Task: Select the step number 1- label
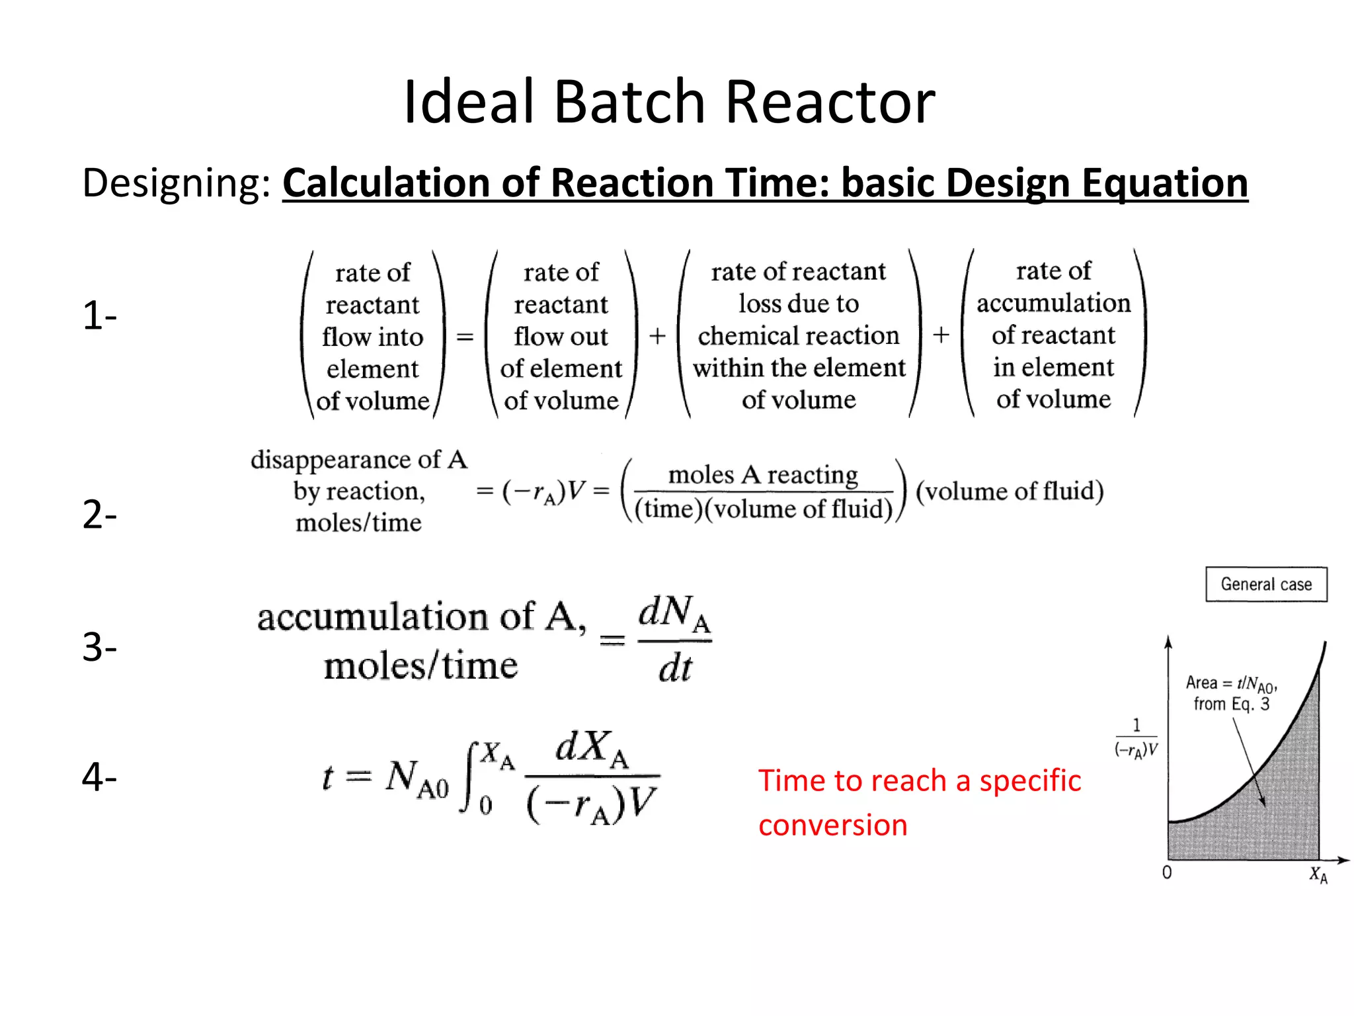point(99,316)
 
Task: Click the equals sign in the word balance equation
point(465,337)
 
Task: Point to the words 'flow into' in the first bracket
point(372,337)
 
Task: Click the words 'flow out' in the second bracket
point(561,336)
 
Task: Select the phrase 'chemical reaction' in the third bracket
point(799,335)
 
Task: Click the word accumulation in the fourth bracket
point(1053,303)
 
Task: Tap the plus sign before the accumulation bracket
point(941,335)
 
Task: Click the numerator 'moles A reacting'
point(763,474)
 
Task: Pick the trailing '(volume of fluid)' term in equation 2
point(1010,491)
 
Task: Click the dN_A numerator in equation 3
point(673,613)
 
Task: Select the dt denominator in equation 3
point(674,668)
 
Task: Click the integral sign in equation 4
point(471,777)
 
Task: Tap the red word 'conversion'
point(832,825)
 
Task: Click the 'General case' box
point(1265,584)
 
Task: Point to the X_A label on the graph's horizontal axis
point(1318,874)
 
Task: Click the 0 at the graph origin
point(1167,872)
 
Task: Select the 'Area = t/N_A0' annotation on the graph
point(1231,683)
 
